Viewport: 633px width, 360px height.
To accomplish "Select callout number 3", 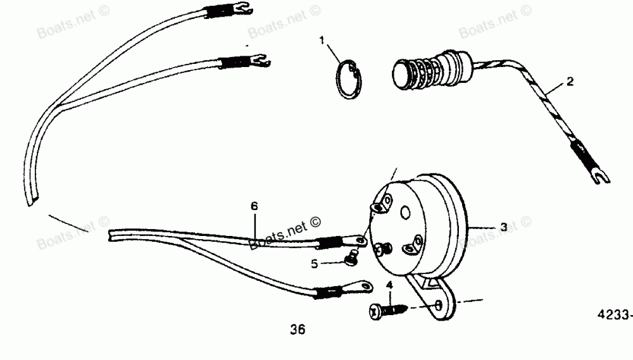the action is point(503,227).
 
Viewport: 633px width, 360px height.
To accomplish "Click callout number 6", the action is point(254,206).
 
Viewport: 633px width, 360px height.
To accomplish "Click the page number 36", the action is point(298,329).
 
